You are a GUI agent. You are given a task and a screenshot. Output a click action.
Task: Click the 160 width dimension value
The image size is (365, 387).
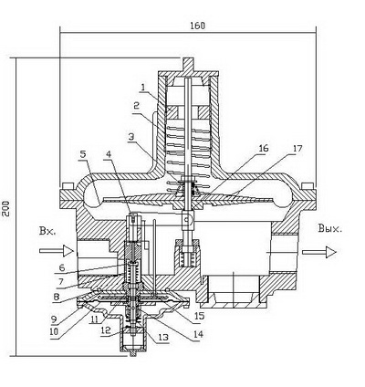pyautogui.click(x=198, y=26)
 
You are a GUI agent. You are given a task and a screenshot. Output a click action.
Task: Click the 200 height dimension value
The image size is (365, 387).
pyautogui.click(x=5, y=208)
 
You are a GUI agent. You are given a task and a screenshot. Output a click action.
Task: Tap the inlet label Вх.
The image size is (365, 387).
pyautogui.click(x=47, y=231)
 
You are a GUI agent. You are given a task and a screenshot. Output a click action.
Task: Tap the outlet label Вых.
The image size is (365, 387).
pyautogui.click(x=330, y=228)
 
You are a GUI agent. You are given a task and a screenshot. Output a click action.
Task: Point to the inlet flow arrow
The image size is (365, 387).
pyautogui.click(x=57, y=251)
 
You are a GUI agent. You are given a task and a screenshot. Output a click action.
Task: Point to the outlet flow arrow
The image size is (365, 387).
pyautogui.click(x=319, y=252)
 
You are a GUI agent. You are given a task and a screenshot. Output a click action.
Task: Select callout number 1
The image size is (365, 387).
pyautogui.click(x=143, y=88)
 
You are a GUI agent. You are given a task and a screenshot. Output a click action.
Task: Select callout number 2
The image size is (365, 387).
pyautogui.click(x=136, y=106)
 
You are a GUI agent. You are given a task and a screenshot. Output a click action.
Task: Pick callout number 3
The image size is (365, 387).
pyautogui.click(x=130, y=137)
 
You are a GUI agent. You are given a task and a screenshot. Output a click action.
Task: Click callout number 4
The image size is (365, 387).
pyautogui.click(x=108, y=154)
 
